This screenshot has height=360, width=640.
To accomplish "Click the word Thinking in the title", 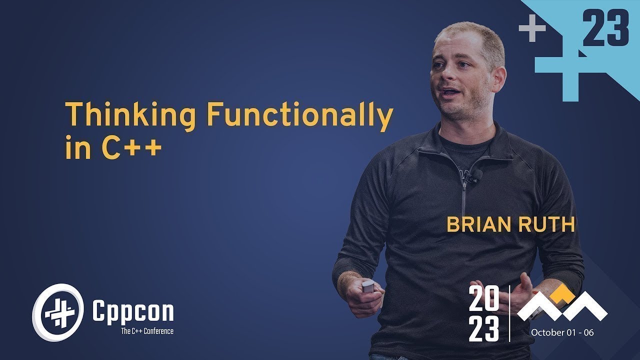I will pos(131,115).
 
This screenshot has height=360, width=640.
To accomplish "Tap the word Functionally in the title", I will pos(299,115).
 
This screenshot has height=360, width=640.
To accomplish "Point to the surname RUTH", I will pos(546,224).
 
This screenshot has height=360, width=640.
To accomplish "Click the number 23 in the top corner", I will pos(605,28).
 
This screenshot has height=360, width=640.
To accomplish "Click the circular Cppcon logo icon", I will pos(58,312).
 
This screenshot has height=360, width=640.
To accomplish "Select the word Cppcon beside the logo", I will pos(133,311).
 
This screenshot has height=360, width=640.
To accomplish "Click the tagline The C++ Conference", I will pos(147,331).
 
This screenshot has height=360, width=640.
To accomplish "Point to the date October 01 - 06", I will pos(562,332).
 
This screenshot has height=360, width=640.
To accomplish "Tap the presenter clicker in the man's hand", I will pos(368,286).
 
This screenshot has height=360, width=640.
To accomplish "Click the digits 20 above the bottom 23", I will pos(483,299).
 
